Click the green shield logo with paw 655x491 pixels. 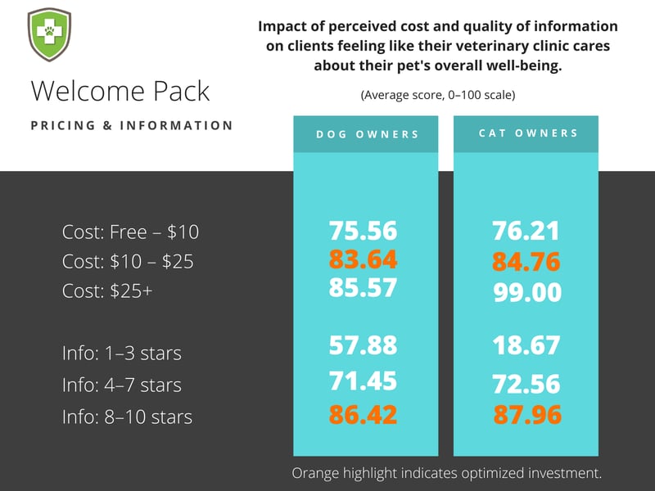48,35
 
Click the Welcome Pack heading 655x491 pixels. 120,91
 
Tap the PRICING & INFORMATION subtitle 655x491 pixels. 132,126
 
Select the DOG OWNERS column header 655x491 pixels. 364,134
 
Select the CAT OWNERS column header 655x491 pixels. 526,133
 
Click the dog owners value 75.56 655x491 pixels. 363,231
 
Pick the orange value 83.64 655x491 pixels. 363,259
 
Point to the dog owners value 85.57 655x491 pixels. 363,287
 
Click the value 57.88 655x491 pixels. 363,345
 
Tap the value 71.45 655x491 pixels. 363,381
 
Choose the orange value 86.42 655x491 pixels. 363,414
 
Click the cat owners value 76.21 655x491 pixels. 526,231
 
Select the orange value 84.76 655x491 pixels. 526,263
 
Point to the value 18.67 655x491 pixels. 526,345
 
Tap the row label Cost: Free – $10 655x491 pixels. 130,232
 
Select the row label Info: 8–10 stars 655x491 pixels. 127,417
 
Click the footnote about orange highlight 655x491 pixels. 446,473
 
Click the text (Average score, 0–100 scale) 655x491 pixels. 438,96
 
